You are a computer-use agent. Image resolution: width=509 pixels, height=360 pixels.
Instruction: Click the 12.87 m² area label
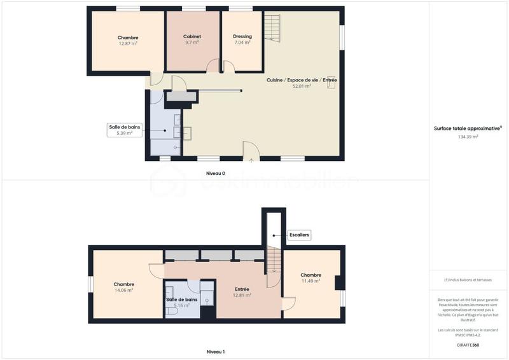click(128, 44)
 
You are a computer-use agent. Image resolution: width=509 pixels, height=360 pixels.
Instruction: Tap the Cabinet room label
click(193, 37)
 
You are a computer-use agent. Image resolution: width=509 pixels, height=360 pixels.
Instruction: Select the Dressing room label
click(242, 37)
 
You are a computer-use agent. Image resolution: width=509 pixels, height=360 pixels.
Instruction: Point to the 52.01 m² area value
click(302, 86)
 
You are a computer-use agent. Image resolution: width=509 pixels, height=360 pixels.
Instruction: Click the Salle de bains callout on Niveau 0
click(121, 130)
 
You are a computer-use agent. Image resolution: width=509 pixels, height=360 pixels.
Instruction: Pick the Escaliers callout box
click(299, 235)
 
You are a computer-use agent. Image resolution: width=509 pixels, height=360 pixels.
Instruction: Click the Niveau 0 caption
click(215, 174)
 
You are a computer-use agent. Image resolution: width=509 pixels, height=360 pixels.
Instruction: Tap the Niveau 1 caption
click(215, 352)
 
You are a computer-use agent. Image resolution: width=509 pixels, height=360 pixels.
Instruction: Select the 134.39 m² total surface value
click(468, 137)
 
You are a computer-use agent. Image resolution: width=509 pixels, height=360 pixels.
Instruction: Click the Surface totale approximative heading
click(468, 128)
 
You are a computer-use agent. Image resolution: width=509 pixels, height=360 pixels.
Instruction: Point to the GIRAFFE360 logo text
click(468, 345)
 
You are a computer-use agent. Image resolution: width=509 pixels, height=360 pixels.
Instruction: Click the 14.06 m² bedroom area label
click(123, 290)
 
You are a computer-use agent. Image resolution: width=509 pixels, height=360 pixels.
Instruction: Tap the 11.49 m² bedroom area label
click(310, 281)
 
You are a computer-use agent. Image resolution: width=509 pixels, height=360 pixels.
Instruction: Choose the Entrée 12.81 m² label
click(242, 292)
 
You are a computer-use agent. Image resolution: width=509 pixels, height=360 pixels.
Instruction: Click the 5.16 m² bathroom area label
click(182, 305)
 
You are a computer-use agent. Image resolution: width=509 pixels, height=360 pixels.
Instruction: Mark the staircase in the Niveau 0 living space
click(272, 29)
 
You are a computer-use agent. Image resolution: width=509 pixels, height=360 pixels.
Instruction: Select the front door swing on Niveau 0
click(250, 151)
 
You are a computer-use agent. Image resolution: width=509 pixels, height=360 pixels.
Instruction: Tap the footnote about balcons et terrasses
click(468, 280)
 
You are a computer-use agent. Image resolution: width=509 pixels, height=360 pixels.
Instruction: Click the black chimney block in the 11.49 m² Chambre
click(339, 282)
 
